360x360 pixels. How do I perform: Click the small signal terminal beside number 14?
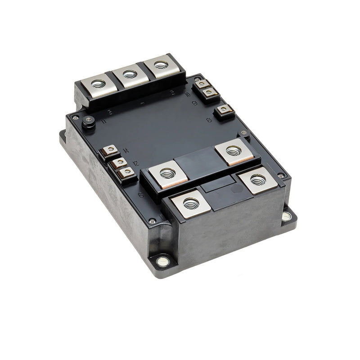[110, 150]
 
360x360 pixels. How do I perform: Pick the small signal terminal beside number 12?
[120, 162]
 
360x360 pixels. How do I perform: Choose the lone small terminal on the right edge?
[223, 109]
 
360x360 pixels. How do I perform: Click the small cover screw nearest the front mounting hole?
[153, 221]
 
